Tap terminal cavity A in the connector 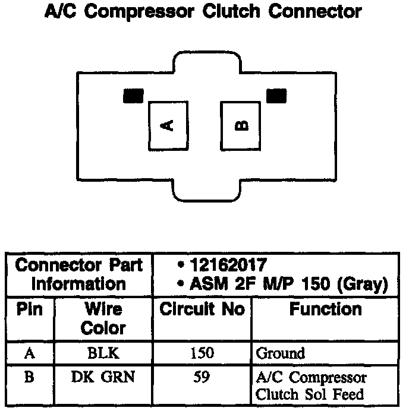tap(168, 125)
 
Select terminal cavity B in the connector tap(240, 125)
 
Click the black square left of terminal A tap(133, 96)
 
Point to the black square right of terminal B tap(276, 96)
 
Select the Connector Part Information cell tap(80, 274)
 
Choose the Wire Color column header tap(103, 319)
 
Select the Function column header tap(326, 309)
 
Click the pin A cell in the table tap(30, 353)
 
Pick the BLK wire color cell tap(103, 353)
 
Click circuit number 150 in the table tap(202, 353)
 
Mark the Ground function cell tap(280, 354)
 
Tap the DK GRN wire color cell tap(103, 377)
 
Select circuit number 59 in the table tap(202, 377)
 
